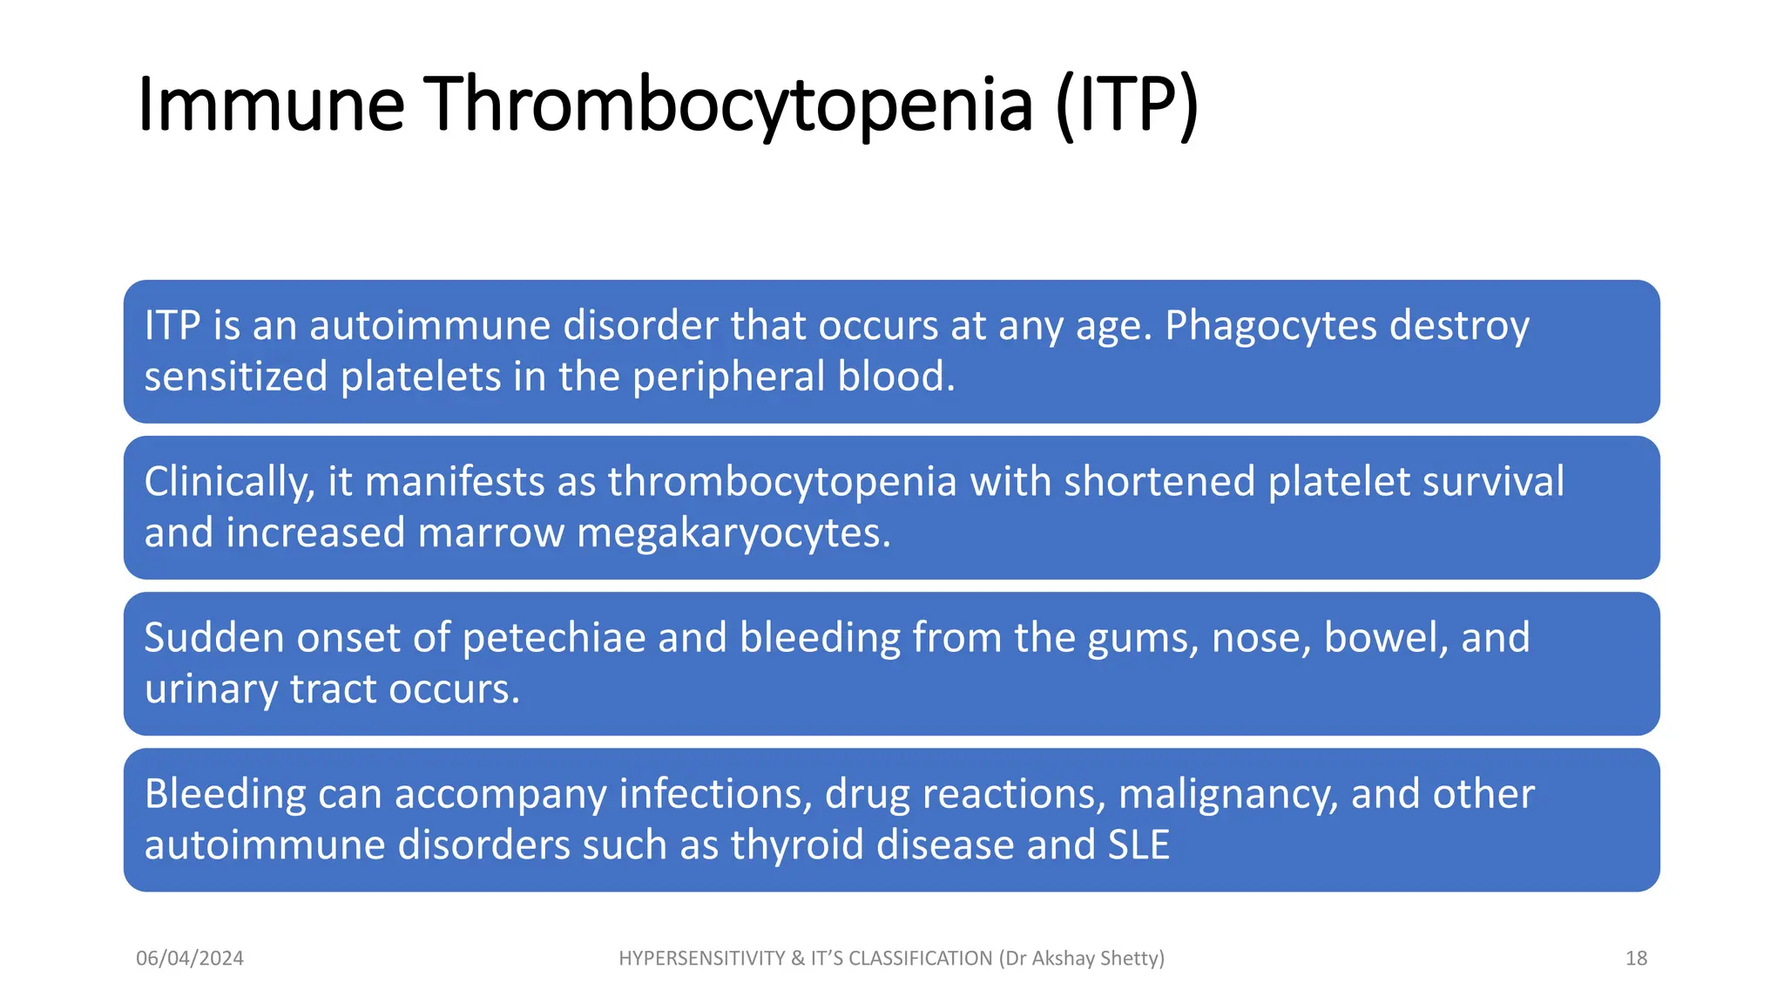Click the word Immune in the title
271,105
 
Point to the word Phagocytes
1271,327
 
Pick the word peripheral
728,377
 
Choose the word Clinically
229,483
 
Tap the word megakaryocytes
733,533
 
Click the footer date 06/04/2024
190,959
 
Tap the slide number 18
1636,959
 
